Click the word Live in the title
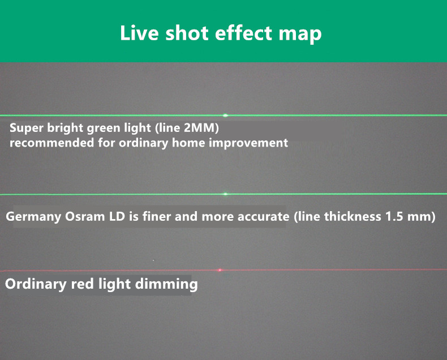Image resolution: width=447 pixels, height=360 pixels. pyautogui.click(x=139, y=33)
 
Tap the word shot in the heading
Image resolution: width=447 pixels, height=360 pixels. pyautogui.click(x=187, y=33)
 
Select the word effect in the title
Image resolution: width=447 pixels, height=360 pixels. pyautogui.click(x=243, y=33)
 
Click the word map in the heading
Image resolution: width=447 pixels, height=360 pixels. pyautogui.click(x=300, y=35)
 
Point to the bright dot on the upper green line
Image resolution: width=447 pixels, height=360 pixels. pyautogui.click(x=226, y=115)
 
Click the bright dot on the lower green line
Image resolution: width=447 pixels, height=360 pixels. pyautogui.click(x=226, y=194)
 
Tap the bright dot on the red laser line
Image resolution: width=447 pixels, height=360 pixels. pyautogui.click(x=220, y=270)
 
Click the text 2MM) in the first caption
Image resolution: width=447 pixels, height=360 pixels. pyautogui.click(x=201, y=128)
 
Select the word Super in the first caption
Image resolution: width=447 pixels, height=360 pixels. pyautogui.click(x=27, y=128)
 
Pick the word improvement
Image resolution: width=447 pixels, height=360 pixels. pyautogui.click(x=248, y=143)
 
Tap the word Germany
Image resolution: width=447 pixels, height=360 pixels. pyautogui.click(x=33, y=217)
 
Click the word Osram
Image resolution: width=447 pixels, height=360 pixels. pyautogui.click(x=85, y=217)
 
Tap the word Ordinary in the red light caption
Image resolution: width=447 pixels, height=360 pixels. pyautogui.click(x=36, y=284)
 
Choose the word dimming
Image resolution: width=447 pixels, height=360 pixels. pyautogui.click(x=166, y=284)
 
